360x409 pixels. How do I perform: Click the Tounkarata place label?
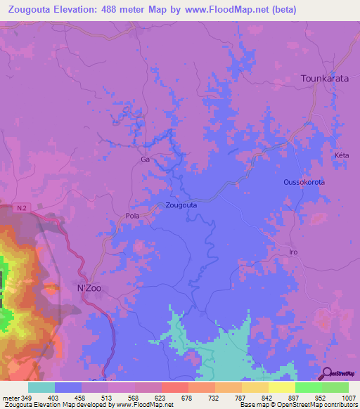tap(324, 79)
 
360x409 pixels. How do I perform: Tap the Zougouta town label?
tap(181, 205)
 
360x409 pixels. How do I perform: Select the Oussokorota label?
tap(304, 182)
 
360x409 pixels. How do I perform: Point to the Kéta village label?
tap(342, 155)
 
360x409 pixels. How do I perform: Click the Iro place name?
tap(295, 252)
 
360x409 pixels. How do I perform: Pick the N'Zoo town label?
tap(89, 287)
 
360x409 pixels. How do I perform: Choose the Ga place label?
tap(146, 160)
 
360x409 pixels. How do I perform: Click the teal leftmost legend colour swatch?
tap(41, 387)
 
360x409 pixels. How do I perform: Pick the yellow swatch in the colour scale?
tap(281, 387)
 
